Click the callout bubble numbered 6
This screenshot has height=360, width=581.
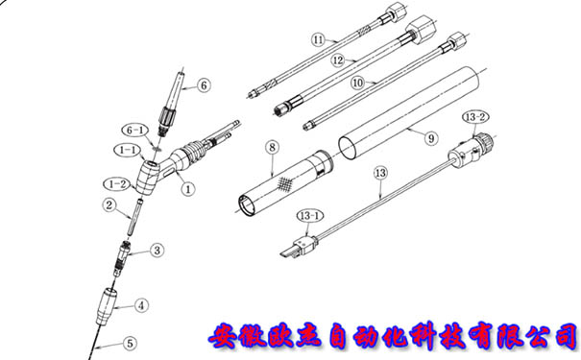[204, 85]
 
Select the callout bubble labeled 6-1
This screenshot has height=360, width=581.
[134, 131]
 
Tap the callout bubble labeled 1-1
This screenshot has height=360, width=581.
[128, 150]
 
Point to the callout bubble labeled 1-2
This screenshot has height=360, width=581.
[117, 184]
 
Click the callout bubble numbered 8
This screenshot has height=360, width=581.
[273, 148]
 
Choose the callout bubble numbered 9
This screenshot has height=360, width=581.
[431, 138]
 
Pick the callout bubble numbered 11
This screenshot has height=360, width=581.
[318, 39]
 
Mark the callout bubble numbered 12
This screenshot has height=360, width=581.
[338, 60]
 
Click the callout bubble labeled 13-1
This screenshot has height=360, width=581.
[310, 216]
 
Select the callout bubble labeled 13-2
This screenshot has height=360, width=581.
[475, 117]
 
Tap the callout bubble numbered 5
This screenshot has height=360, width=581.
[130, 343]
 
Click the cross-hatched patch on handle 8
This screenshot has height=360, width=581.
[284, 183]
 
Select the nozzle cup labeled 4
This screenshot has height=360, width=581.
[107, 306]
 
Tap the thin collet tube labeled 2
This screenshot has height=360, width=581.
[134, 217]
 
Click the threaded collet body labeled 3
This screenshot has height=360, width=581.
[121, 259]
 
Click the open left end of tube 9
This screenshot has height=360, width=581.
[348, 148]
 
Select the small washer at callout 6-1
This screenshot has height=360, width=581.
[157, 148]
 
